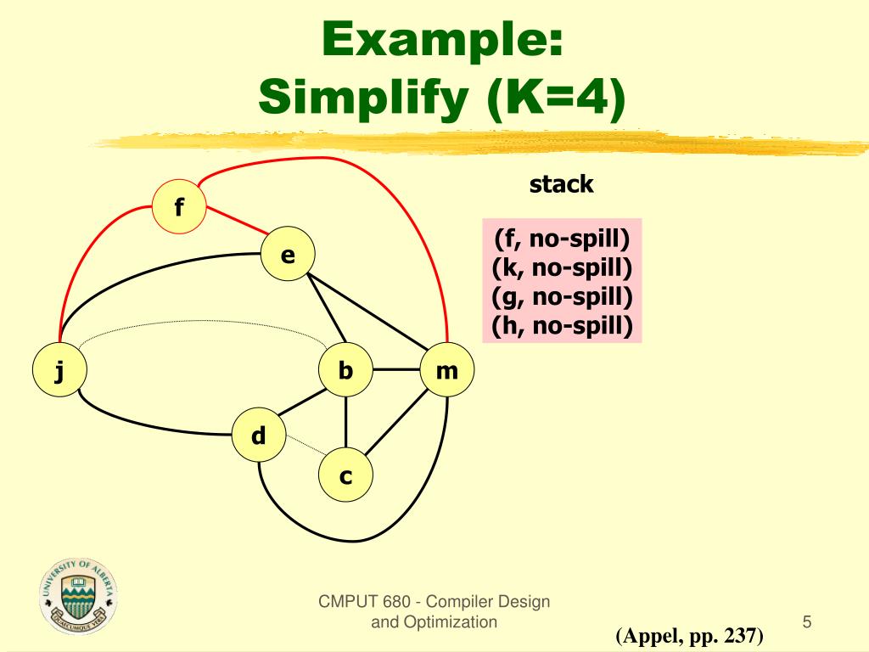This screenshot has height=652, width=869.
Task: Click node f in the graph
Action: pyautogui.click(x=179, y=205)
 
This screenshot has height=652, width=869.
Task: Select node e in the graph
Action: pyautogui.click(x=288, y=254)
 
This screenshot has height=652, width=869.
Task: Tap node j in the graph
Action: pyautogui.click(x=59, y=370)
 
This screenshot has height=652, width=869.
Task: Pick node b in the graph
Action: pyautogui.click(x=345, y=370)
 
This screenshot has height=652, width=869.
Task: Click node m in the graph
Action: pyautogui.click(x=446, y=370)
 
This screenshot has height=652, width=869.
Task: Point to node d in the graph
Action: pyautogui.click(x=259, y=436)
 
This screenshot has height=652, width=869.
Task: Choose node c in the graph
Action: pyautogui.click(x=345, y=476)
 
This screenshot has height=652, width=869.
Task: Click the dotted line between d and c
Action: pyautogui.click(x=302, y=445)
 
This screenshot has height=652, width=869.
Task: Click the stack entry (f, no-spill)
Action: pyautogui.click(x=562, y=239)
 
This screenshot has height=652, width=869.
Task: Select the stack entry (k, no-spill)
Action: pyautogui.click(x=562, y=268)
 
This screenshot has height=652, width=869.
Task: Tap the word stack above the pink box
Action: pyautogui.click(x=561, y=184)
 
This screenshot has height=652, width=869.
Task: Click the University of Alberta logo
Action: pyautogui.click(x=78, y=596)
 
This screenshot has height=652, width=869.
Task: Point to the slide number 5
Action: pyautogui.click(x=807, y=623)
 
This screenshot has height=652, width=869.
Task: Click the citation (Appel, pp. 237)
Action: pyautogui.click(x=690, y=636)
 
